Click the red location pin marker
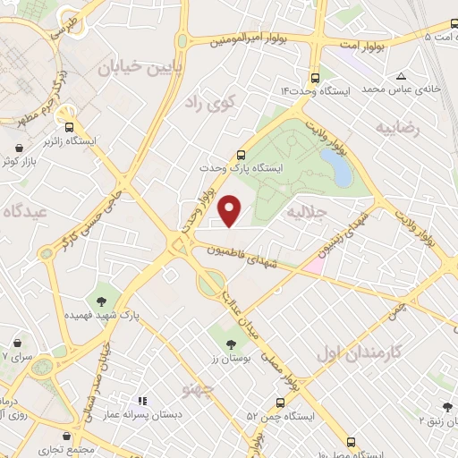tap(232, 210)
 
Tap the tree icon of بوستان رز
tap(231, 343)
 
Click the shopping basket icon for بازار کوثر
tap(20, 146)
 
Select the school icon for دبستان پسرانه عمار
tap(140, 402)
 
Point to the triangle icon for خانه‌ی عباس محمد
tap(401, 75)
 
